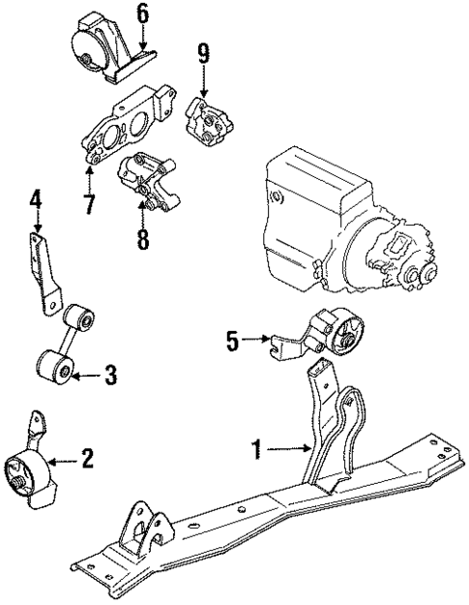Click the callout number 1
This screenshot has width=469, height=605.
coord(257,448)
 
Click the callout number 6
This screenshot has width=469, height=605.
coord(142,14)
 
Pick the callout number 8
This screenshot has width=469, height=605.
coord(143,237)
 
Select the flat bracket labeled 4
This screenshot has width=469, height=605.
coord(44,271)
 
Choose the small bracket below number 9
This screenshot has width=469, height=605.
coord(206,120)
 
